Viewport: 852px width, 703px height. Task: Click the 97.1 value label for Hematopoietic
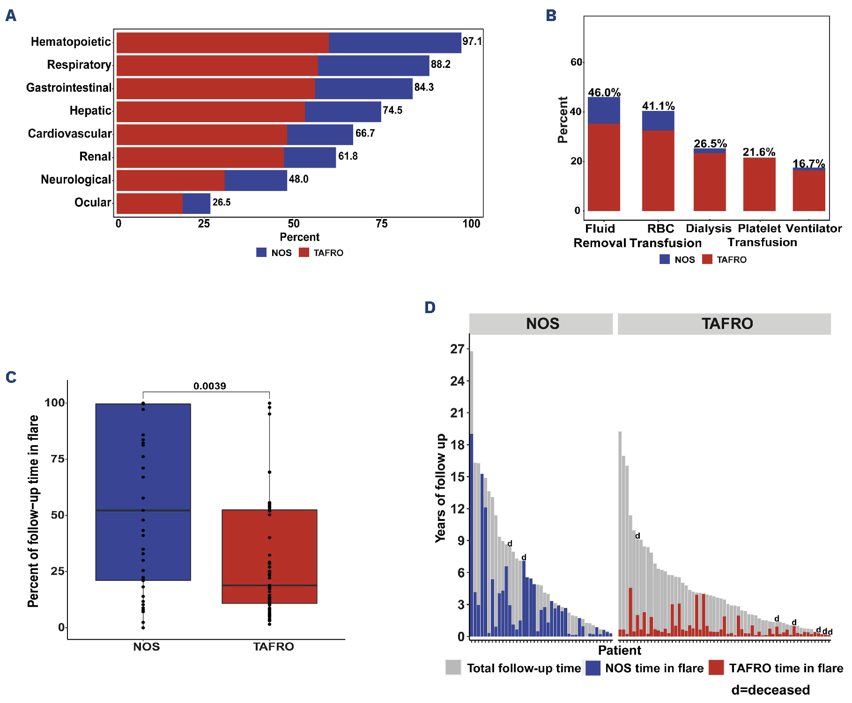pyautogui.click(x=472, y=41)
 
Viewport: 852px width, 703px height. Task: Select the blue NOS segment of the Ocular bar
pyautogui.click(x=196, y=204)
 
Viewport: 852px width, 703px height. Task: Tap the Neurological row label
pyautogui.click(x=76, y=180)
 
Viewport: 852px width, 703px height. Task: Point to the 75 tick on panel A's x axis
pyautogui.click(x=381, y=224)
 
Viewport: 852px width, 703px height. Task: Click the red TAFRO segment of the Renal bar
pyautogui.click(x=200, y=157)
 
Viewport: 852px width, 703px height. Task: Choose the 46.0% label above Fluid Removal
pyautogui.click(x=604, y=92)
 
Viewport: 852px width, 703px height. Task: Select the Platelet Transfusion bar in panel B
pyautogui.click(x=759, y=184)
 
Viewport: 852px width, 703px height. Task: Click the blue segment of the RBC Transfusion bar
pyautogui.click(x=658, y=121)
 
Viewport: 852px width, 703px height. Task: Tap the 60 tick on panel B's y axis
pyautogui.click(x=576, y=62)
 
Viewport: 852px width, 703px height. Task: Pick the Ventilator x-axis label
pyautogui.click(x=813, y=228)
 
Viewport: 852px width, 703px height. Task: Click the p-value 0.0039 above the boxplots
pyautogui.click(x=209, y=386)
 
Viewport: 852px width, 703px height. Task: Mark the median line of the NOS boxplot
pyautogui.click(x=143, y=510)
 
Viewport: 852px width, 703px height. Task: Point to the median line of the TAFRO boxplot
pyautogui.click(x=269, y=586)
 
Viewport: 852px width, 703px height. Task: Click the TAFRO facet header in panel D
pyautogui.click(x=726, y=324)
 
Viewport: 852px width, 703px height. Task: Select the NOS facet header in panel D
pyautogui.click(x=542, y=324)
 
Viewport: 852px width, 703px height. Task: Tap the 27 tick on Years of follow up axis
pyautogui.click(x=457, y=349)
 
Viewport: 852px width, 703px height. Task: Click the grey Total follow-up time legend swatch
pyautogui.click(x=453, y=667)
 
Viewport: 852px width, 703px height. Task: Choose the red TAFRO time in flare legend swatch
pyautogui.click(x=716, y=667)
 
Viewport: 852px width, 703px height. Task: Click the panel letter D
pyautogui.click(x=430, y=308)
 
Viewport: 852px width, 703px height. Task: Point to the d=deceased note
pyautogui.click(x=770, y=690)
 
